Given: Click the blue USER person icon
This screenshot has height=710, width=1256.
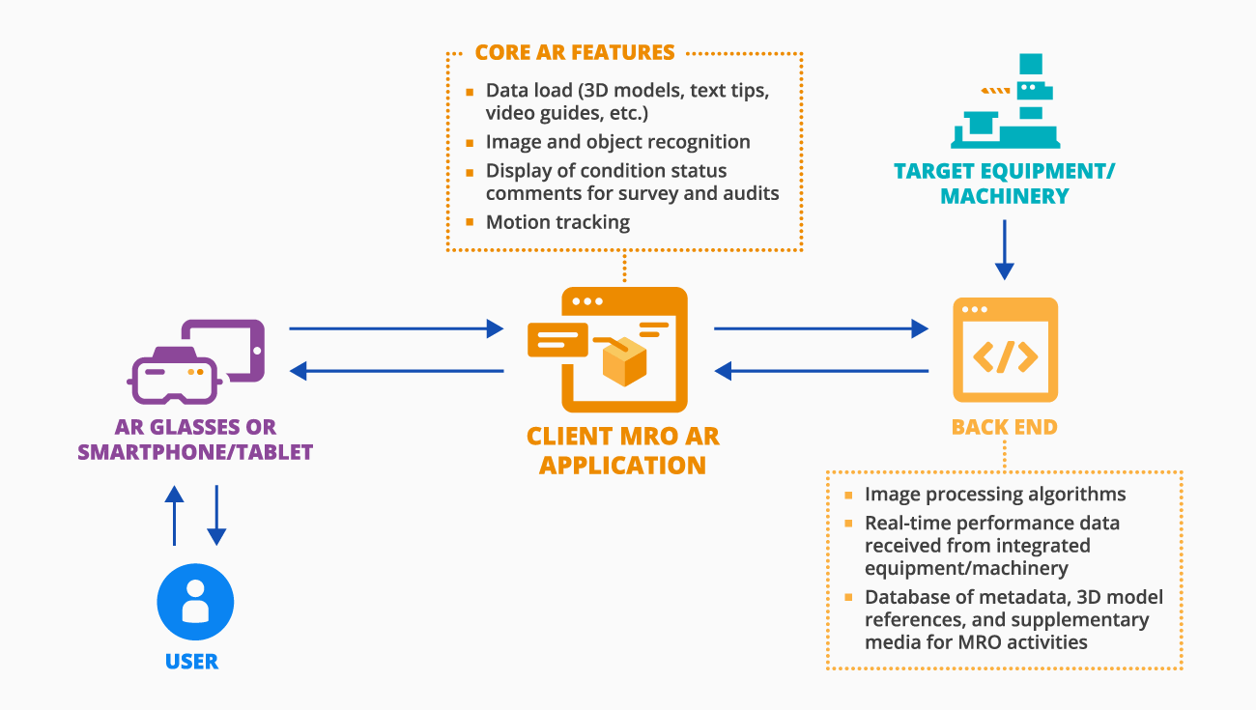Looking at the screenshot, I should [x=195, y=602].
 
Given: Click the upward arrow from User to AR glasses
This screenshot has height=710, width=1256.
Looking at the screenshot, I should [x=174, y=516].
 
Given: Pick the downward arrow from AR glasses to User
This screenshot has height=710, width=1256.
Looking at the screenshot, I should [x=216, y=516].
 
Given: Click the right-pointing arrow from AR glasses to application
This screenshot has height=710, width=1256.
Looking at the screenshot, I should [x=396, y=329].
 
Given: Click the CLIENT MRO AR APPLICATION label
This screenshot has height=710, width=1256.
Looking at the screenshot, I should [x=622, y=450].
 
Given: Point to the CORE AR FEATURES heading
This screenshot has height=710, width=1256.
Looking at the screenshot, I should [x=575, y=52].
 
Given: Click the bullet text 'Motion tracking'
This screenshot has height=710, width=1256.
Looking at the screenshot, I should [x=557, y=222].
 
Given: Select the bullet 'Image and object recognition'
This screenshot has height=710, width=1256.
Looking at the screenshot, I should [x=617, y=142].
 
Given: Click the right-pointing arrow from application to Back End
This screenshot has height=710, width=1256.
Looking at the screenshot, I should [x=820, y=329].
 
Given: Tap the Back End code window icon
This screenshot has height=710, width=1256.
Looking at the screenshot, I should [x=1005, y=350].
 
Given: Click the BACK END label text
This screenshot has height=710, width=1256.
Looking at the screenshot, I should [x=1005, y=427].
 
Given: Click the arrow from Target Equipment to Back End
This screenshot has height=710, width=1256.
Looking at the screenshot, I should [x=1005, y=249].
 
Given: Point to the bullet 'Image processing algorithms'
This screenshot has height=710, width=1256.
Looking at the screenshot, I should [x=995, y=495].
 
